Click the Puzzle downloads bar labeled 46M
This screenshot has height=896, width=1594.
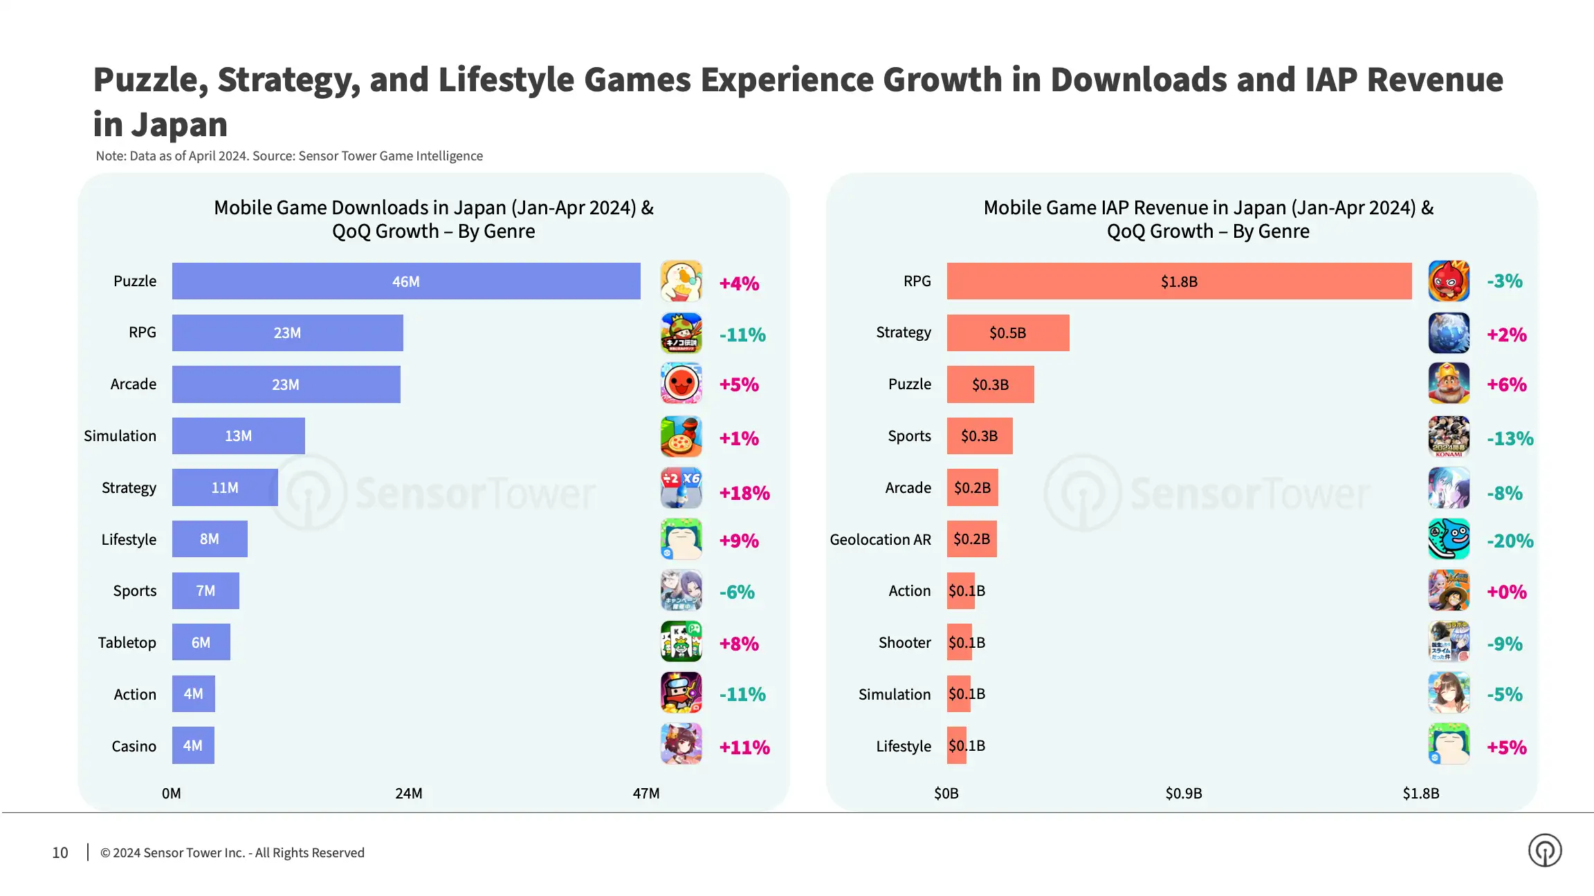[406, 281]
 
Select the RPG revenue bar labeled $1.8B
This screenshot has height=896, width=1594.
[1179, 281]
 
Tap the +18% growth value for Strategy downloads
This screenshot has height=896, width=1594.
[744, 493]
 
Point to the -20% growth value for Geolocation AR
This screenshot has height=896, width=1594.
[1510, 541]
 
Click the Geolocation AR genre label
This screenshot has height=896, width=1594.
[880, 539]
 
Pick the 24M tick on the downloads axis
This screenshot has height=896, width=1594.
[408, 793]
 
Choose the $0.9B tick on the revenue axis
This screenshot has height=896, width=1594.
[1183, 793]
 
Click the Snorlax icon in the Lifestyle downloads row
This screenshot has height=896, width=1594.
[681, 539]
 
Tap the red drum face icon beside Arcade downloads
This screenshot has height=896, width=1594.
[681, 384]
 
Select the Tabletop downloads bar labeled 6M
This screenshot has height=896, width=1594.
[201, 642]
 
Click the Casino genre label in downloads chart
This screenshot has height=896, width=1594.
[134, 746]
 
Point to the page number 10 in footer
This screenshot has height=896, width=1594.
[60, 852]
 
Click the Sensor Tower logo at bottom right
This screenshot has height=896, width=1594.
[1544, 850]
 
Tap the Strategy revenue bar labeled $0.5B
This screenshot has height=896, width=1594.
[1007, 333]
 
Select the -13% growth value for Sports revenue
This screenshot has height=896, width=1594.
[1510, 438]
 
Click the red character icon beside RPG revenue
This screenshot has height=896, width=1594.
[1449, 281]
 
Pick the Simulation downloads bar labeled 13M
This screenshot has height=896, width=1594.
[238, 436]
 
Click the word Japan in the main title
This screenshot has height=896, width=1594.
[179, 125]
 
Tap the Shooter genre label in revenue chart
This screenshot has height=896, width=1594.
[904, 642]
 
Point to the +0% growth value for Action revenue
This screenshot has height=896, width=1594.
[1506, 592]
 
